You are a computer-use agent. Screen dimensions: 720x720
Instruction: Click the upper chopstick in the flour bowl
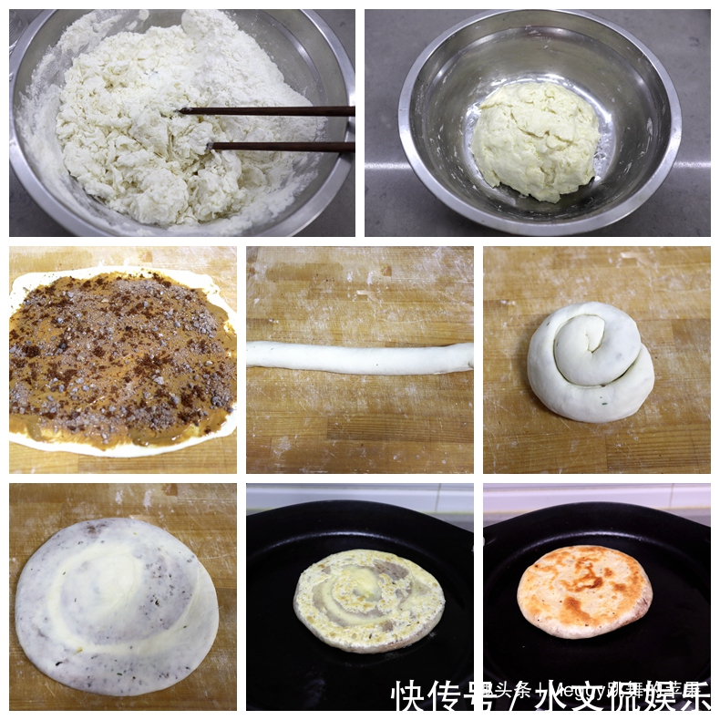273,111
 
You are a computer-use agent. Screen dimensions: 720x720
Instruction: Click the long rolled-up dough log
359,357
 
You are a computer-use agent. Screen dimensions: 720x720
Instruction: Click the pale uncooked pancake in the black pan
368,600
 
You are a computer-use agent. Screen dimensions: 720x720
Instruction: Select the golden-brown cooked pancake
584,591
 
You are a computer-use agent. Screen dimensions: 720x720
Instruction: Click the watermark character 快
409,697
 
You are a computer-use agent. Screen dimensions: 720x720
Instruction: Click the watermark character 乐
694,697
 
